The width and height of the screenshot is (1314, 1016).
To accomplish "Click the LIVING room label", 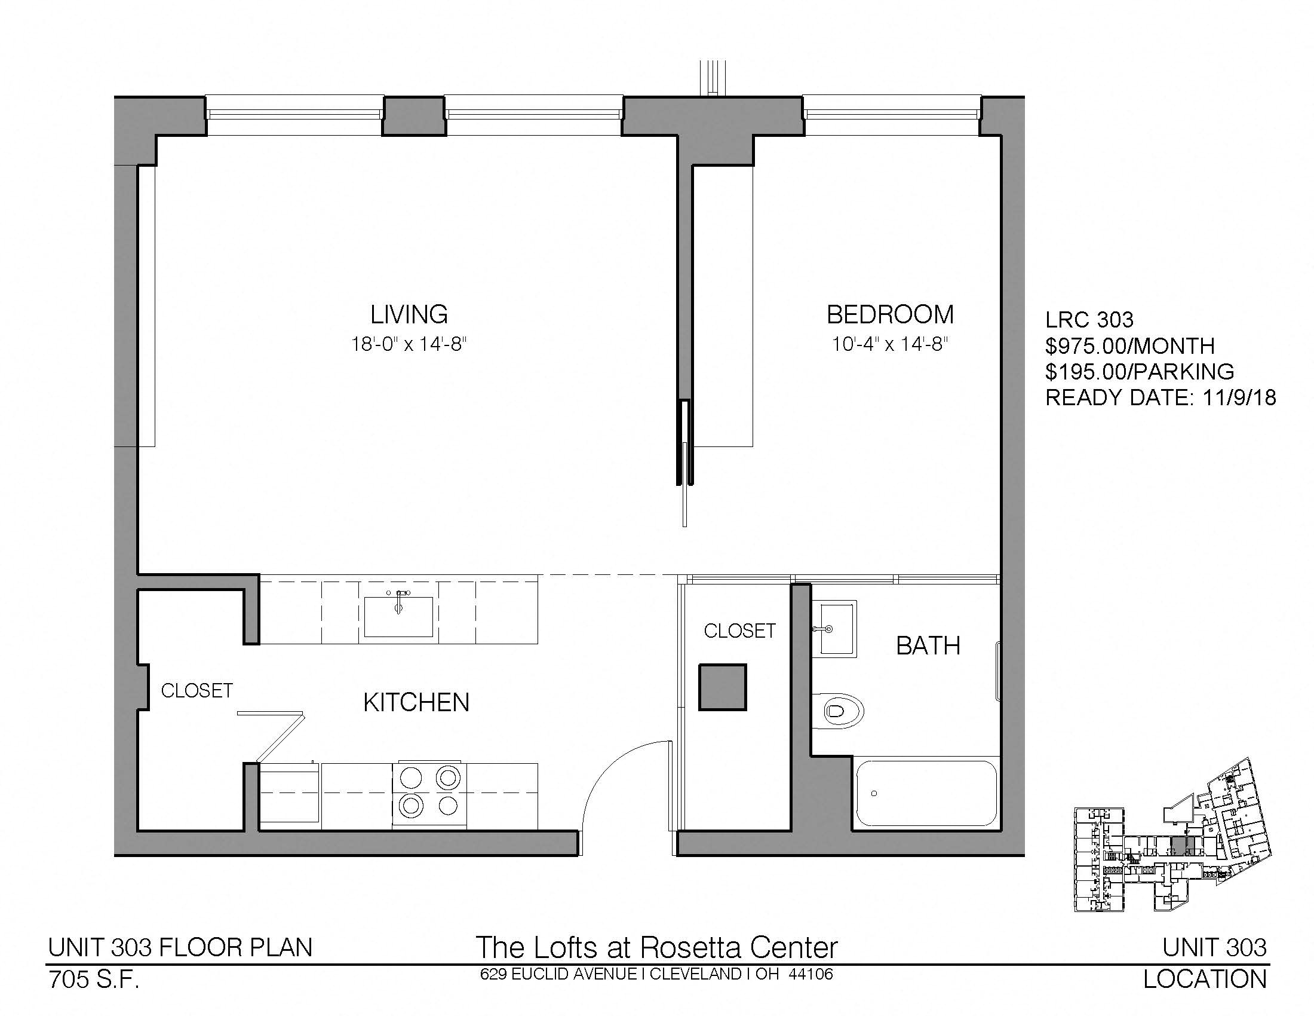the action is [x=409, y=314].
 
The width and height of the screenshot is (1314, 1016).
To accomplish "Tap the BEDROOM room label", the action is [x=891, y=314].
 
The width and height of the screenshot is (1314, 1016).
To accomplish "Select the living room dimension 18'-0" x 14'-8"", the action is [x=409, y=344].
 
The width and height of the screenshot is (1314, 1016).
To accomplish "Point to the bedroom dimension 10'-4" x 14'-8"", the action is [x=891, y=344].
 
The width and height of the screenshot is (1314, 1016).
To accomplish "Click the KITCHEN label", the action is [x=416, y=702].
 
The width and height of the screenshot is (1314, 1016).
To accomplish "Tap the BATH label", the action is [x=928, y=646].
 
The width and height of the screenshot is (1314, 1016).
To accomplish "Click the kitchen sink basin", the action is [x=398, y=616].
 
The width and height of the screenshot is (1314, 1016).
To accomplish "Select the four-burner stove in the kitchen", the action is [x=429, y=794].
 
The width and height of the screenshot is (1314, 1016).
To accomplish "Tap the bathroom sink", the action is [x=834, y=629].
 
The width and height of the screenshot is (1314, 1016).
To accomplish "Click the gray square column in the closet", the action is [x=722, y=687].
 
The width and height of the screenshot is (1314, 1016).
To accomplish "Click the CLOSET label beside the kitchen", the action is [x=197, y=690].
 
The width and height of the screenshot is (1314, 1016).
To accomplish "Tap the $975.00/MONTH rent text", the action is [x=1130, y=346].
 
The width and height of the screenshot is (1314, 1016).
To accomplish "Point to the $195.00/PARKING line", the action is [x=1140, y=372].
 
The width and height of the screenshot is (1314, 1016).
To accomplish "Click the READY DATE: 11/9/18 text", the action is [x=1161, y=398].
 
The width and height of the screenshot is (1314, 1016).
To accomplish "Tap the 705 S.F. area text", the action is [x=94, y=981].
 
